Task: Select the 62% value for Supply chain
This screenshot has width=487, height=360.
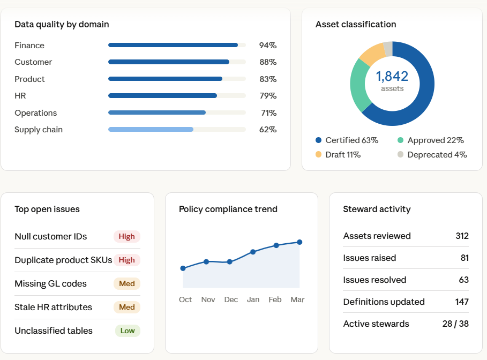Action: click(x=268, y=130)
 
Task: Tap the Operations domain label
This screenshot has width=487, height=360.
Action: click(x=35, y=113)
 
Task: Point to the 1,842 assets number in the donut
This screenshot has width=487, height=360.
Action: click(x=392, y=77)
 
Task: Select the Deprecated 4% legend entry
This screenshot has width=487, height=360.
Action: click(x=432, y=155)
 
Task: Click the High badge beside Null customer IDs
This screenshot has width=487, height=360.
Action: click(x=127, y=236)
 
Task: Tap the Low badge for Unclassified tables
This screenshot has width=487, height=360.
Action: click(x=128, y=331)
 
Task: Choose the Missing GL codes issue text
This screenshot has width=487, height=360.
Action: click(x=50, y=283)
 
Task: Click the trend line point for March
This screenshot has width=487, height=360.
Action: click(x=299, y=242)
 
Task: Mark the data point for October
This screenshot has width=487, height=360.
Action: click(x=183, y=268)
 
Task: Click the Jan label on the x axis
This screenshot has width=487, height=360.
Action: click(x=253, y=299)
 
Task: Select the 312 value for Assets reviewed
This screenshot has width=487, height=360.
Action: click(x=462, y=236)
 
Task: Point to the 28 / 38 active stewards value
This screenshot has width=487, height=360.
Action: click(x=455, y=324)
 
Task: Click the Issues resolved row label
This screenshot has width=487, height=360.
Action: click(x=374, y=280)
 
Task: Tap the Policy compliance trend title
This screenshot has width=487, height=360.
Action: click(x=228, y=209)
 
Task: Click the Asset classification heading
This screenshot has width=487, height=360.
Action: click(x=356, y=24)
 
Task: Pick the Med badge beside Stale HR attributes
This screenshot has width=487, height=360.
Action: click(x=127, y=307)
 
